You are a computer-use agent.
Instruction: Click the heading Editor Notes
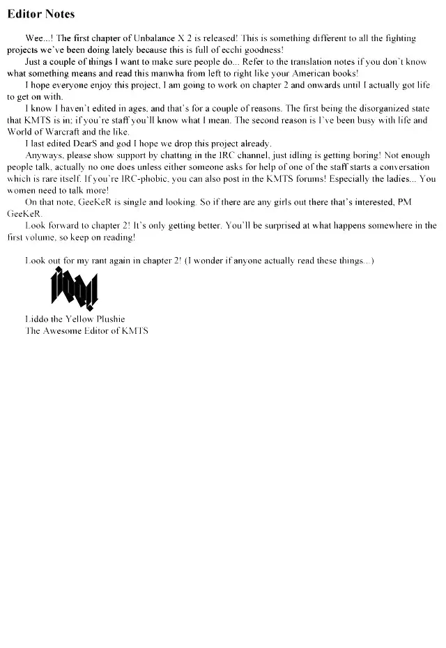point(40,14)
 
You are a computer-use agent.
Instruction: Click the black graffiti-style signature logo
point(74,290)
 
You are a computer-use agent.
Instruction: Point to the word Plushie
point(108,320)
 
